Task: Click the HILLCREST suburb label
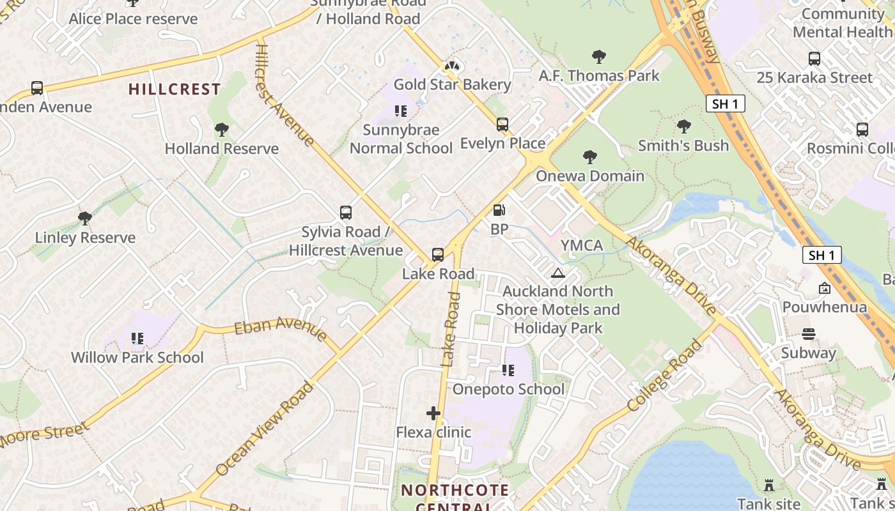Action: pos(175,89)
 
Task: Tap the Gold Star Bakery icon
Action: pos(452,66)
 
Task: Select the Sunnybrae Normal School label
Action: pos(401,139)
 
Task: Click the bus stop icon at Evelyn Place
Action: pos(502,125)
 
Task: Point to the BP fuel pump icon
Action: pos(499,210)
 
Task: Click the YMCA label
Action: pos(582,245)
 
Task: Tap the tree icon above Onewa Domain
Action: pos(589,157)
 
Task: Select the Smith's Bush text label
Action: pos(683,146)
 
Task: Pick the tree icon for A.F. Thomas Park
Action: pos(599,57)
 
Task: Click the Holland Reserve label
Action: pos(222,149)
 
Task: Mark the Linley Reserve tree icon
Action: pos(84,218)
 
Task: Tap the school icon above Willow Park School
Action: pos(137,338)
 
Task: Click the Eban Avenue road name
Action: pos(281,327)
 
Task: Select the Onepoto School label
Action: pos(508,389)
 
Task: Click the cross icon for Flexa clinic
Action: pos(433,413)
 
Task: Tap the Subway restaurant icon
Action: pos(809,334)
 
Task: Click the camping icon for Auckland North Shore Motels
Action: pos(558,273)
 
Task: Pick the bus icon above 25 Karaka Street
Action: pos(814,59)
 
